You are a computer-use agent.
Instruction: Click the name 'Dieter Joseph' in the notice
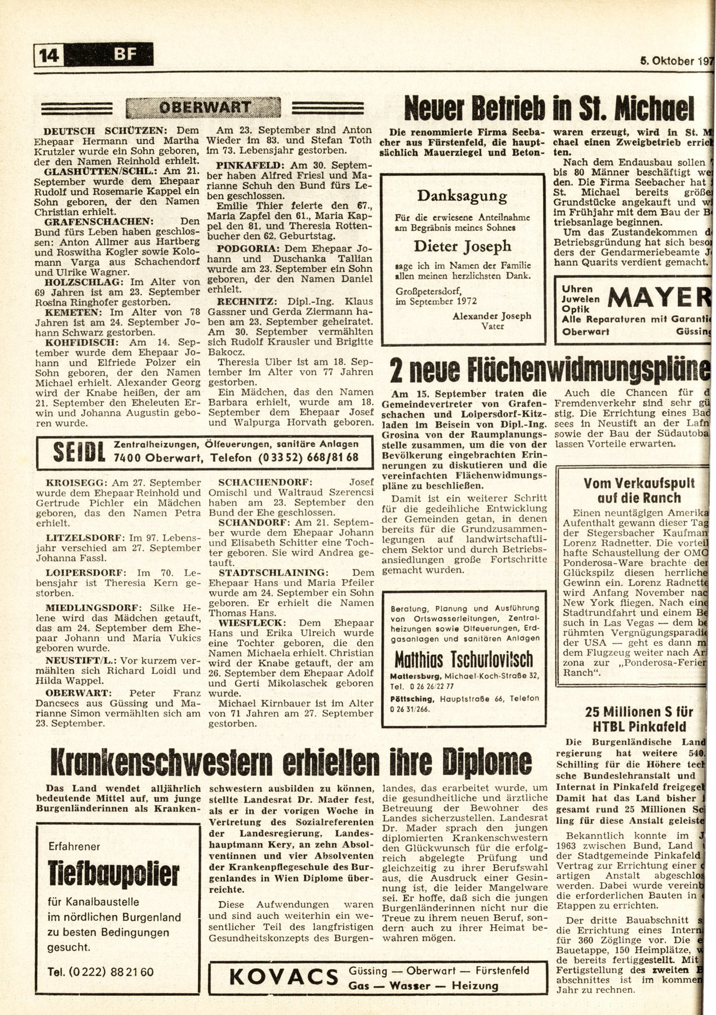click(462, 246)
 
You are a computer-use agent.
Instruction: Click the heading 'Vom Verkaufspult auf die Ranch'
click(631, 491)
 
